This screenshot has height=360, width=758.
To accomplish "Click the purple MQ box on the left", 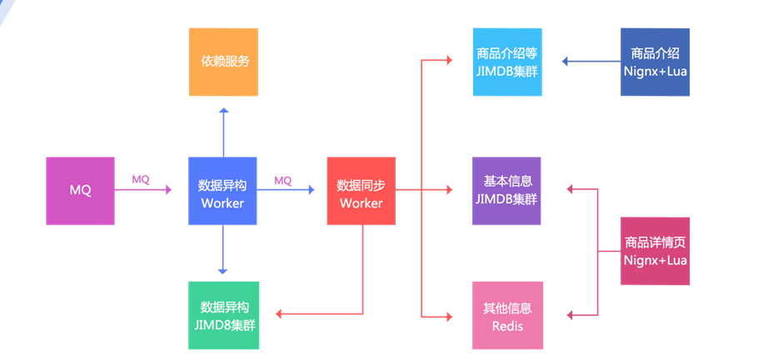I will [80, 191].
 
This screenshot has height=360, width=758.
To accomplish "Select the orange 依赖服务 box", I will [223, 62].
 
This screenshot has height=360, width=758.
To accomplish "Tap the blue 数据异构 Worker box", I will [222, 191].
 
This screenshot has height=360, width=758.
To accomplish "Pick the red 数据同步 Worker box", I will [361, 191].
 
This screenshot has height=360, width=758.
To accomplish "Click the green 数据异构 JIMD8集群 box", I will [223, 315].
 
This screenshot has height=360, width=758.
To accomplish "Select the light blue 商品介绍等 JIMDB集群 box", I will [506, 62].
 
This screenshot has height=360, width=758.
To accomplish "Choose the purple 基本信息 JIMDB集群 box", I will [506, 191].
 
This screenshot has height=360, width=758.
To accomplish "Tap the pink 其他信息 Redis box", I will [506, 315].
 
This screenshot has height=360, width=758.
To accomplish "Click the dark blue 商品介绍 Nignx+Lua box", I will [655, 62].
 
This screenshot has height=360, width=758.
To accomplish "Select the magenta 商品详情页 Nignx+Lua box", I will [655, 251].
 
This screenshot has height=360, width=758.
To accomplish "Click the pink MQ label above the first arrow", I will [141, 179].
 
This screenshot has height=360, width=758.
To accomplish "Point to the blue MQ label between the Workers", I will [283, 180].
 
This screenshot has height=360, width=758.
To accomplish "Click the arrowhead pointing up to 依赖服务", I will [223, 112].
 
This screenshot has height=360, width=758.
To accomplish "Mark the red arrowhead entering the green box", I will [280, 315].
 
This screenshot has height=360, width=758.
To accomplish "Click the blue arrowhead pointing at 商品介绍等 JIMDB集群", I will [566, 62].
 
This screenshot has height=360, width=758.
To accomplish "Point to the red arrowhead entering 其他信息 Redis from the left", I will [448, 316].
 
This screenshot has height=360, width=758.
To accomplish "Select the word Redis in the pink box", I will [507, 324].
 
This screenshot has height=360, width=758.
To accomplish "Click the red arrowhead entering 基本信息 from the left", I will [448, 191].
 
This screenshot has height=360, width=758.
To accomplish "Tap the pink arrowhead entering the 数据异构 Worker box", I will [167, 191].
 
